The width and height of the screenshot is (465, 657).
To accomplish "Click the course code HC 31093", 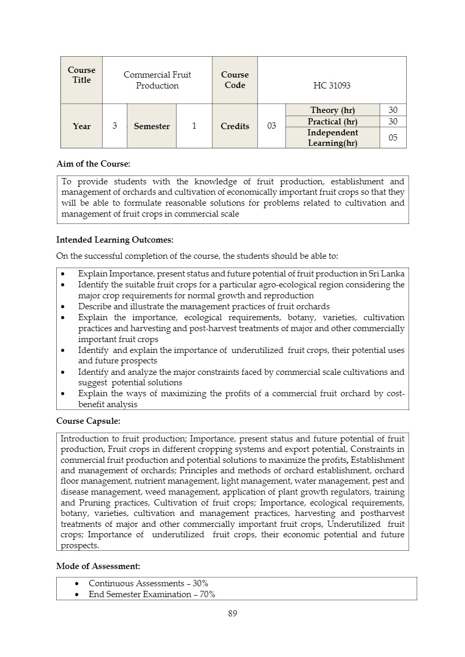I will [332, 85].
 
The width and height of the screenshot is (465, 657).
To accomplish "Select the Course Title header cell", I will [82, 75].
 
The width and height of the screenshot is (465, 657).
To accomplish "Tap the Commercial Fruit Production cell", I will [157, 80].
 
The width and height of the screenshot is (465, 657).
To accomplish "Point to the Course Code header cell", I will [235, 80].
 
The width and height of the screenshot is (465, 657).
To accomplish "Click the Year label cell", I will [82, 126].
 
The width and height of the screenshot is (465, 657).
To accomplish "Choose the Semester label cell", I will [152, 126].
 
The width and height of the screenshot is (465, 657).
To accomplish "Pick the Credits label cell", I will [235, 126].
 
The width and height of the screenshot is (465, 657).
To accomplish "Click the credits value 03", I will [271, 126].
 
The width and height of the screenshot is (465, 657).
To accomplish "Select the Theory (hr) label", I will [332, 110].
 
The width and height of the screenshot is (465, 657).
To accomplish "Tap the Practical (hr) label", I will [332, 121].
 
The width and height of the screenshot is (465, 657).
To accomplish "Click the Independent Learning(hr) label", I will [332, 137].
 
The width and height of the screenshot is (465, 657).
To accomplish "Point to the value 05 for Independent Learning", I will [393, 138].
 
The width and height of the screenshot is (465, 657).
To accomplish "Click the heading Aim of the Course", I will [93, 163].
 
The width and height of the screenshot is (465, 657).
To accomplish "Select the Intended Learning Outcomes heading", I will [115, 240].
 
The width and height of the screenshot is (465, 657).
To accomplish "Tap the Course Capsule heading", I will [88, 421].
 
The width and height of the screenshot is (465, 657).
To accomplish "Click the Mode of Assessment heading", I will [98, 565].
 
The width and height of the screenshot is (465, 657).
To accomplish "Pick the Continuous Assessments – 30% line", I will [148, 583].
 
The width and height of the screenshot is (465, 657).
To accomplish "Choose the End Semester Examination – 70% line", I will [152, 594].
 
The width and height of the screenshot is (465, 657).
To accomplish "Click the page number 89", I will [233, 613].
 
